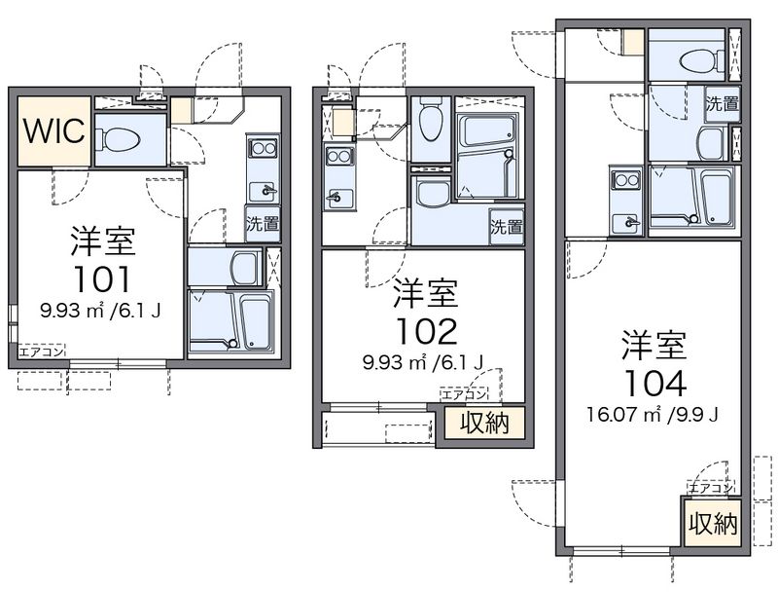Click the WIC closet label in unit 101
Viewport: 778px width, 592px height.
[x=54, y=131]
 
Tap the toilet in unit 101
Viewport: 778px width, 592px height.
[x=118, y=139]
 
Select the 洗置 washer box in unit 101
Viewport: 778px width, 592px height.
[x=263, y=224]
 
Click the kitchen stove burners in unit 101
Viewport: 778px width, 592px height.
[x=263, y=148]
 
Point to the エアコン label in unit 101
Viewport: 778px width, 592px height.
[x=42, y=352]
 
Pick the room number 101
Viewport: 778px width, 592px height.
[x=102, y=279]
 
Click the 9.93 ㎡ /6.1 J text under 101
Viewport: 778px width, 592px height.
[x=101, y=312]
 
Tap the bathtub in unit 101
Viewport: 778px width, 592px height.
[x=256, y=321]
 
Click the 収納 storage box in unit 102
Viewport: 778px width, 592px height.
[x=484, y=424]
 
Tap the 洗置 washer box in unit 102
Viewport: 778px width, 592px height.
[x=507, y=227]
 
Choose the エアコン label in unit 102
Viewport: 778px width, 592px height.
[x=464, y=395]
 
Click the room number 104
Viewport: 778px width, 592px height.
[x=654, y=384]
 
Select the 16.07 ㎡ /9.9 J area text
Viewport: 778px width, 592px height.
[x=653, y=415]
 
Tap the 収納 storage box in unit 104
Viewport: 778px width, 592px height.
[x=713, y=524]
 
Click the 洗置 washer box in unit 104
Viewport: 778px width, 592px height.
[x=723, y=104]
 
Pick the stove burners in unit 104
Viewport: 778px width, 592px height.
[x=626, y=180]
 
